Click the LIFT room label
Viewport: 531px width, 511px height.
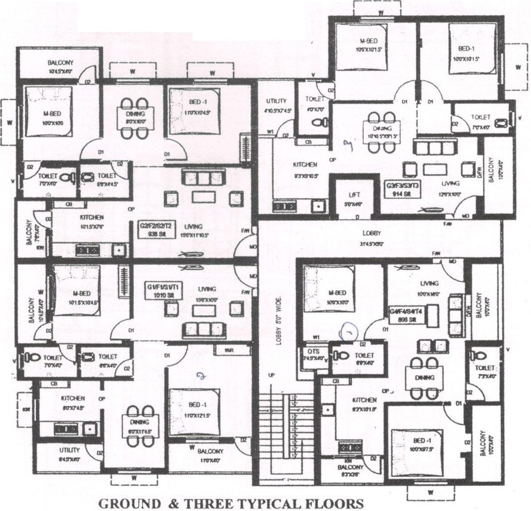click(x=354, y=195)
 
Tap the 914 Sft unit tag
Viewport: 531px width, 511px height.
click(x=403, y=189)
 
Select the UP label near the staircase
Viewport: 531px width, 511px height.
click(x=272, y=375)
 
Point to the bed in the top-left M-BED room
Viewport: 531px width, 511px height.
click(x=48, y=112)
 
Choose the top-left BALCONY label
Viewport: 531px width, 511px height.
click(x=60, y=63)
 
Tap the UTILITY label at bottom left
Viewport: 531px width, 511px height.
click(x=69, y=450)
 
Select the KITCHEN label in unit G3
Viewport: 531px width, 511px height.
click(x=305, y=165)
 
